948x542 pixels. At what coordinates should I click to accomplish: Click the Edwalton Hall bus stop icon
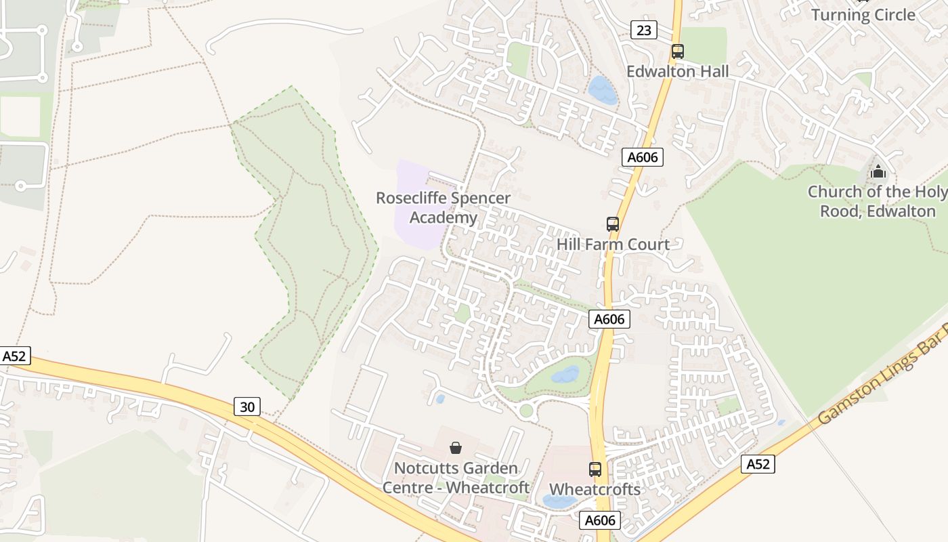[x=677, y=51]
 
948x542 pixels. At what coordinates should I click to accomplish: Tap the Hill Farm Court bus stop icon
[x=612, y=224]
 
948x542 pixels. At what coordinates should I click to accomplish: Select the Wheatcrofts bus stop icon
[x=595, y=468]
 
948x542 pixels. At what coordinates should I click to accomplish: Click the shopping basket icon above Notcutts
[x=456, y=448]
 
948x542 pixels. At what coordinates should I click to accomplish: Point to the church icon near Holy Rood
[x=878, y=171]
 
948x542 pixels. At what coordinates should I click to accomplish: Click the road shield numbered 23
[x=643, y=30]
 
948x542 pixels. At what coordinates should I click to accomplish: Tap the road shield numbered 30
[x=248, y=406]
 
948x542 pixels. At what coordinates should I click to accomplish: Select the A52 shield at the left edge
[x=15, y=356]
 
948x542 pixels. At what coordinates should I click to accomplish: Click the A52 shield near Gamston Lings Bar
[x=758, y=464]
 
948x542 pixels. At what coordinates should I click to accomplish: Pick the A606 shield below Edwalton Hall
[x=642, y=157]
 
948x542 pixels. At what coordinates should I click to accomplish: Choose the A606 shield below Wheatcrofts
[x=600, y=520]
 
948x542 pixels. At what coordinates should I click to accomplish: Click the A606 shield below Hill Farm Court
[x=609, y=319]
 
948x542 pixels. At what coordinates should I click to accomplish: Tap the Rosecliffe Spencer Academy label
[x=443, y=207]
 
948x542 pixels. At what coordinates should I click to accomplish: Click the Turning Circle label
[x=863, y=15]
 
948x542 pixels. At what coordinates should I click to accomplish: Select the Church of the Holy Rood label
[x=878, y=201]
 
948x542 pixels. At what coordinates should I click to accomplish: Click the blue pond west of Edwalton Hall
[x=602, y=90]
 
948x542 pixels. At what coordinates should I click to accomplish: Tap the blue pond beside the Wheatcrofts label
[x=559, y=501]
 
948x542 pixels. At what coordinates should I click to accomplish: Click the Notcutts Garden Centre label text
[x=455, y=478]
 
